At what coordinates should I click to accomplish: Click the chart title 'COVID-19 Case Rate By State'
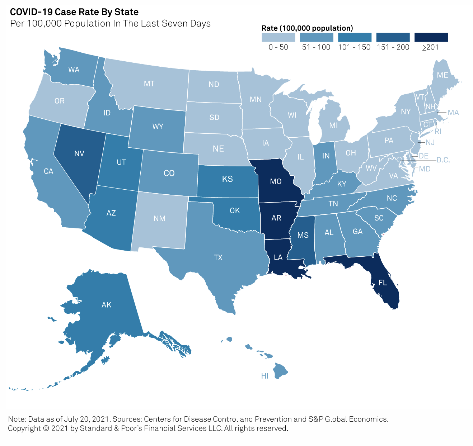point(74,12)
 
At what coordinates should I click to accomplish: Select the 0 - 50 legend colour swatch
point(278,37)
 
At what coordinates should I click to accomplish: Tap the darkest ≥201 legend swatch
point(431,37)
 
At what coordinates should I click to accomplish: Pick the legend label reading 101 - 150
point(354,47)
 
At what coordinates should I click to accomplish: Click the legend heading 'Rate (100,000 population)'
point(307,28)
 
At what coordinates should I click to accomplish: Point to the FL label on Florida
point(383,283)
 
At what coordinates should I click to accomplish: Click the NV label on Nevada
point(79,154)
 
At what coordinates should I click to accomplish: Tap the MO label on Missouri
point(276,181)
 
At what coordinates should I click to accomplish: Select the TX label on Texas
point(218,257)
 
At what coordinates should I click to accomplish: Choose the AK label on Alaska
point(107,305)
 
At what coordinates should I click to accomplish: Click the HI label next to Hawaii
point(265,376)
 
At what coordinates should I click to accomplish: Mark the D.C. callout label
point(443,160)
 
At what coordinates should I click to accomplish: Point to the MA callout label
point(453,113)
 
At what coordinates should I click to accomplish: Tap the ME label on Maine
point(442,75)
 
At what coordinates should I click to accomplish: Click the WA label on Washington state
point(74,70)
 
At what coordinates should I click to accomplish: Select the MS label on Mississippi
point(303,235)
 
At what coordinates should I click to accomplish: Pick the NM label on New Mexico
point(160,218)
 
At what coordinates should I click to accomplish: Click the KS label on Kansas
point(228,179)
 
